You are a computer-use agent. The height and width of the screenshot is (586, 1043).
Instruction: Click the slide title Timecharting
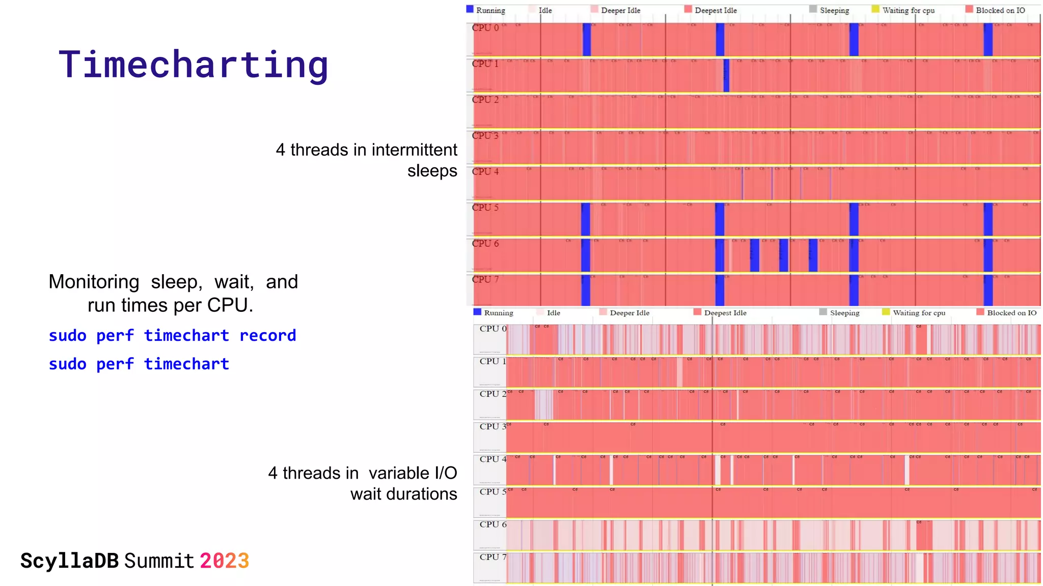[194, 65]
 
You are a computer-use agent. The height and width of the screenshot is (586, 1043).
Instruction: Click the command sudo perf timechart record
[172, 336]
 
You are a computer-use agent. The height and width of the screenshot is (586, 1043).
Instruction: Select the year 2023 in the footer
[224, 561]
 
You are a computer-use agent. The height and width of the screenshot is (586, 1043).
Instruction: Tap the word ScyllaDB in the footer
[69, 561]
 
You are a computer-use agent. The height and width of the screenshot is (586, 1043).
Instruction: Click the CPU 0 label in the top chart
[485, 28]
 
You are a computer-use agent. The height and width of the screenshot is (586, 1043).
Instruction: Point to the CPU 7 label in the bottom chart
[492, 557]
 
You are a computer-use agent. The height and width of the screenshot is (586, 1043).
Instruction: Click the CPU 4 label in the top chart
[485, 172]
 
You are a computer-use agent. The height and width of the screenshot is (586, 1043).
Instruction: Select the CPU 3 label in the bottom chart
[492, 427]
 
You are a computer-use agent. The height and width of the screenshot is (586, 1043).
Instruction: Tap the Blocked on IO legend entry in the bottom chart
[1011, 313]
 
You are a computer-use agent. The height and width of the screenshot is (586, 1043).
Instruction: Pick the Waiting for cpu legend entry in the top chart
[908, 10]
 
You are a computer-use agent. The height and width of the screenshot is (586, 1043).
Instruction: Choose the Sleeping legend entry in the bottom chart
[844, 313]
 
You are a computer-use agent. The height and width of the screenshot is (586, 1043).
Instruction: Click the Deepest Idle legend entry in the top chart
[715, 10]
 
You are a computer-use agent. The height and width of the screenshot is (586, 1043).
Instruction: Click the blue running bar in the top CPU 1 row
[726, 75]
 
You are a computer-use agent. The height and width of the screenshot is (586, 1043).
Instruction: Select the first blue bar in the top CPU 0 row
[587, 40]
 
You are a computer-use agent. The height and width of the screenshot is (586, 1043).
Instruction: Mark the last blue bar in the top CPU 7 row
[988, 290]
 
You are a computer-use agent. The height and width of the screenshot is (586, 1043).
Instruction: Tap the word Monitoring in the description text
[94, 282]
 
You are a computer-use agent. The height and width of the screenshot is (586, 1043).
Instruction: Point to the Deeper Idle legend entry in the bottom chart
[629, 313]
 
